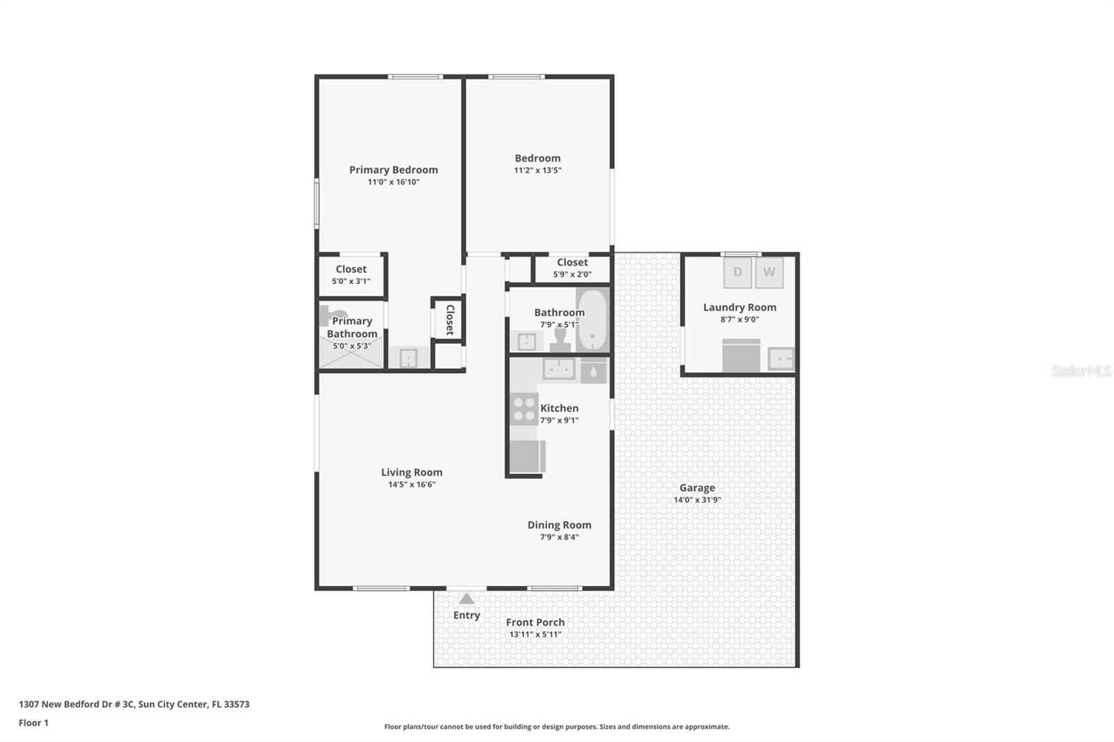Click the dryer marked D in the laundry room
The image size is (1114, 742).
coord(737,272)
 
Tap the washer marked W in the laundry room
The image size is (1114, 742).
coord(769,272)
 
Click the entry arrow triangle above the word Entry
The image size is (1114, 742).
coord(466,599)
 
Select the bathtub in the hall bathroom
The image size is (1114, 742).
coord(592,321)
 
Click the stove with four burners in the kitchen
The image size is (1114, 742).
coord(524,409)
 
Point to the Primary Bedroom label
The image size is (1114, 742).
coord(393,170)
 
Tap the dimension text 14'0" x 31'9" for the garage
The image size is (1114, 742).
coord(697,500)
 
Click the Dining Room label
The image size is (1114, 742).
coord(559,525)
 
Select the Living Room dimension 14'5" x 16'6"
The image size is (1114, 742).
coord(411,484)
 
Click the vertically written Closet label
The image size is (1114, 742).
coord(450,319)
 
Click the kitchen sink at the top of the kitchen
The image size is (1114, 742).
coord(558,369)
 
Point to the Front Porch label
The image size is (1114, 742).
coord(535,622)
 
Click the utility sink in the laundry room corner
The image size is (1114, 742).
coord(780,358)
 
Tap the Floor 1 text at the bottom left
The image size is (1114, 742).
coord(33,723)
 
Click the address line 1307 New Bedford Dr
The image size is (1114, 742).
coord(134,704)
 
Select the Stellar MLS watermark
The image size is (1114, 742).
coord(1081,371)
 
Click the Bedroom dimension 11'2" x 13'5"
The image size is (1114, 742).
coord(538,171)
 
